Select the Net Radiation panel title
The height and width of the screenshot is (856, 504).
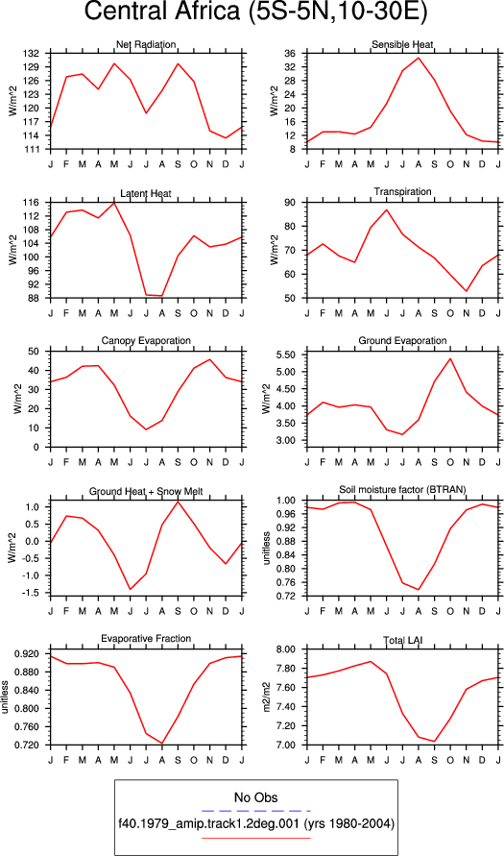(146, 43)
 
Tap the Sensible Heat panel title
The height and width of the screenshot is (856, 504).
(402, 43)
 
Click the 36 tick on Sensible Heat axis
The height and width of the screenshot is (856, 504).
(290, 54)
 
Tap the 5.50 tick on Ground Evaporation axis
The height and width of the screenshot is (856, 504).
(286, 355)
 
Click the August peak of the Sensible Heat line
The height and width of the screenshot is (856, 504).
(419, 58)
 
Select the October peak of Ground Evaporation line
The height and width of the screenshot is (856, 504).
(450, 358)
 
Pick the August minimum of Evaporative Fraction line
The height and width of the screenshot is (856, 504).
(162, 743)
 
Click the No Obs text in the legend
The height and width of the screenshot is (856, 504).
(255, 798)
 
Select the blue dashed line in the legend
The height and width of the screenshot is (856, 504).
(255, 811)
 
